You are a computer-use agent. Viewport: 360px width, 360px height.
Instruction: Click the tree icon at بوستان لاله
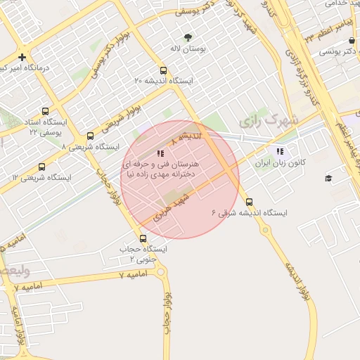(x=187, y=37)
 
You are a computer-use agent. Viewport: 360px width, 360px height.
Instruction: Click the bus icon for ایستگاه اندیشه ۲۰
(x=163, y=70)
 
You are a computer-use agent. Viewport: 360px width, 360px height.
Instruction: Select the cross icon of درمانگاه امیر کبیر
(x=22, y=57)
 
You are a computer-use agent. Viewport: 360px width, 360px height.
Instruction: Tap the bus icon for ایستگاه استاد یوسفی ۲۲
(x=46, y=111)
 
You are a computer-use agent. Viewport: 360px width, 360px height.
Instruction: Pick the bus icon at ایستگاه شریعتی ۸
(x=89, y=136)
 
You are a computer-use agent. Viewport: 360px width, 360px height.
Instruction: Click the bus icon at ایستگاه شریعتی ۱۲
(x=42, y=167)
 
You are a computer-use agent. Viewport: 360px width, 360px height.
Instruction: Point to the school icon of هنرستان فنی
(x=161, y=153)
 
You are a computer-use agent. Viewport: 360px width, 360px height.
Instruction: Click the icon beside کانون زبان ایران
(x=280, y=151)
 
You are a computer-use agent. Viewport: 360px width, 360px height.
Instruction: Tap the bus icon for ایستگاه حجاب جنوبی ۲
(x=143, y=238)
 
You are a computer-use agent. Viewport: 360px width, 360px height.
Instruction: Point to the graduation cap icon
(x=328, y=178)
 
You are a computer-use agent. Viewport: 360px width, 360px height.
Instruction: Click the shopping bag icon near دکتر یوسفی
(x=351, y=41)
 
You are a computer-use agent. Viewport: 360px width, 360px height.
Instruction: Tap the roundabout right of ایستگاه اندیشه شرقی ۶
(x=266, y=229)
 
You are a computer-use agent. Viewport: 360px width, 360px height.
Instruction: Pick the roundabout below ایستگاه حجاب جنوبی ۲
(x=160, y=272)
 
